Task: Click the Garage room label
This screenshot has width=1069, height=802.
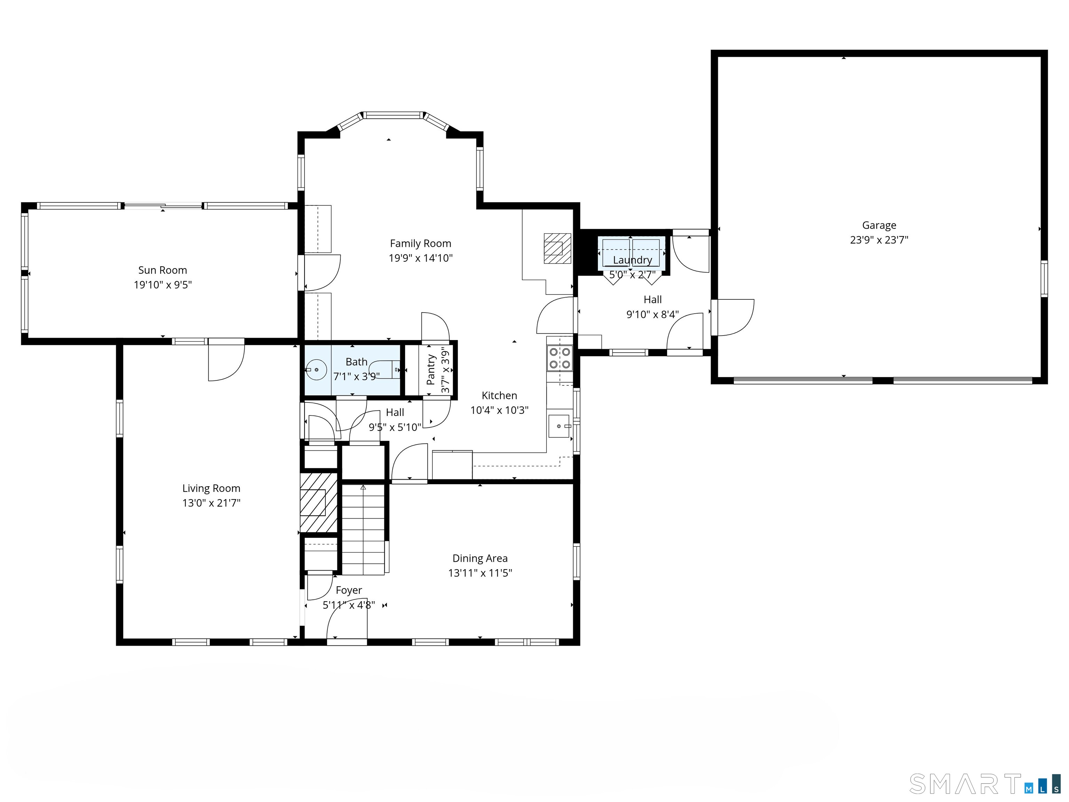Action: tap(879, 225)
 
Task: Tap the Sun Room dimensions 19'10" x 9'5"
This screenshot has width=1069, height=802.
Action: tap(163, 285)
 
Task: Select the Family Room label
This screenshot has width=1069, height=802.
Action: tap(420, 244)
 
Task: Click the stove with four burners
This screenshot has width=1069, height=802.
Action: tap(559, 358)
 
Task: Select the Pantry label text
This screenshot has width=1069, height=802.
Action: tap(430, 369)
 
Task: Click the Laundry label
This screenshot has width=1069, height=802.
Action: tap(632, 260)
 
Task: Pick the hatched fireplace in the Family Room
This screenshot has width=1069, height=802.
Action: tap(557, 249)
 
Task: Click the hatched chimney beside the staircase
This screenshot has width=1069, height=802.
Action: tap(318, 503)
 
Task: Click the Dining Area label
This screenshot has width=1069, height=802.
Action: tap(480, 558)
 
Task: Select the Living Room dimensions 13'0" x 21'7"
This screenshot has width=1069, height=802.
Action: tap(211, 503)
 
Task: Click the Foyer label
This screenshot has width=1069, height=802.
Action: tap(348, 590)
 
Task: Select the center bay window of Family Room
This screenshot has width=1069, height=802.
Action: tap(393, 115)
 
